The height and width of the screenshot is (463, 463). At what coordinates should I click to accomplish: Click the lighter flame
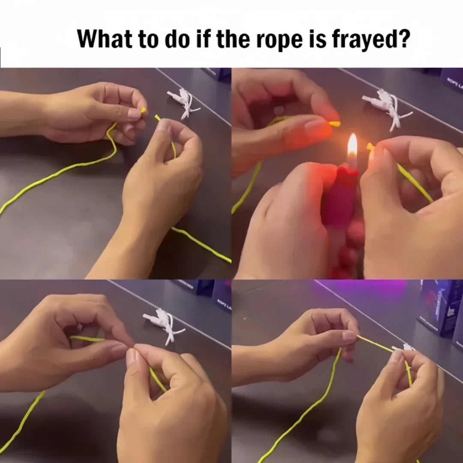coord(352,146)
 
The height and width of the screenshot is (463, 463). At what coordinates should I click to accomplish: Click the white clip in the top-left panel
coord(183,102)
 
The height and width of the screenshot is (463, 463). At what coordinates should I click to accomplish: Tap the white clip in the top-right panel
coord(386,107)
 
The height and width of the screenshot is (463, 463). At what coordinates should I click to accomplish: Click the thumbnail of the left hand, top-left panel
coord(134,113)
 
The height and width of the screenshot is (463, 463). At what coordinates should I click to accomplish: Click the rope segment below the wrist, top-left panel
coord(201,244)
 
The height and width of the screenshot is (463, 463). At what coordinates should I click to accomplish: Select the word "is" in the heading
coord(319,39)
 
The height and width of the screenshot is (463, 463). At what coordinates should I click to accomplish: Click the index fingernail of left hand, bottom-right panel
coord(349,337)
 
